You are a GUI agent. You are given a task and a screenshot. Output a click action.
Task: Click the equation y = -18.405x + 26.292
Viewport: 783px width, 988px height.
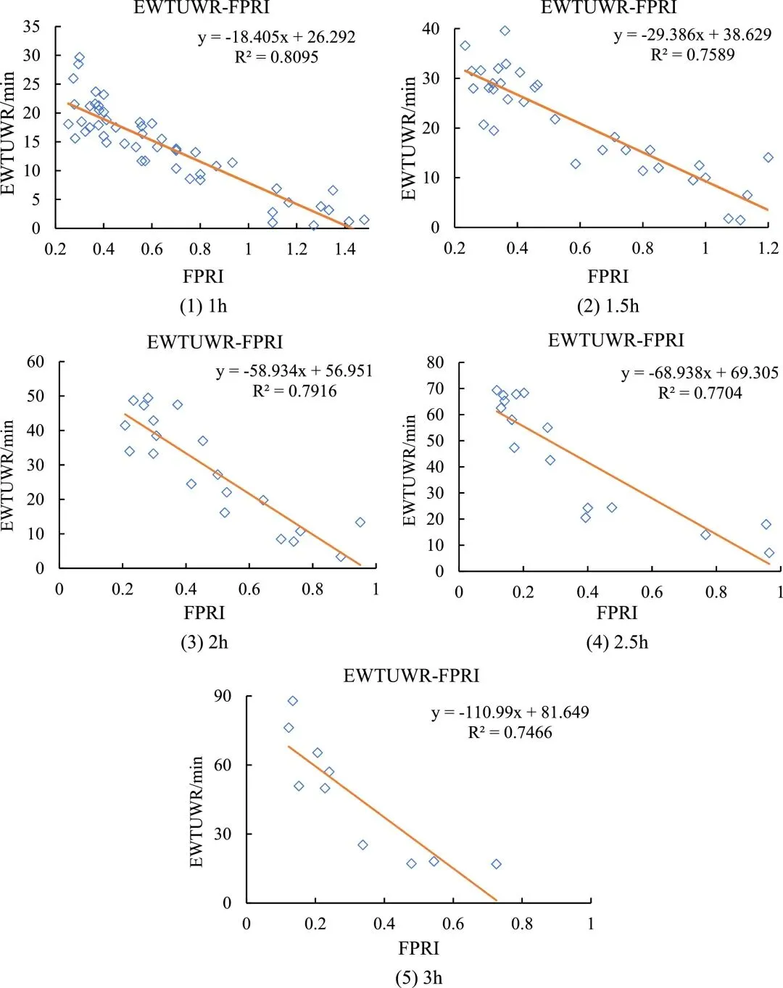coord(276,37)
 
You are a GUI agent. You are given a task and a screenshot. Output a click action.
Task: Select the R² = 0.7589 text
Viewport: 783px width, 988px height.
coord(692,54)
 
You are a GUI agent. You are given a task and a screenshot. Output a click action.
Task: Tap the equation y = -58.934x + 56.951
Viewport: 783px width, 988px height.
coord(294,371)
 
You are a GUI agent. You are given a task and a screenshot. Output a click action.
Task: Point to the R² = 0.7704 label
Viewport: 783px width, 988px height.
coord(700,393)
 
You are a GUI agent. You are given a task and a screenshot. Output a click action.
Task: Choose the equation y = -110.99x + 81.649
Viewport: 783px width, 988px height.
coord(510,713)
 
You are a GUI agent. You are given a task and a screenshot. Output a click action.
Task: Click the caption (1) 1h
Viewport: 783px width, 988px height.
coord(203,306)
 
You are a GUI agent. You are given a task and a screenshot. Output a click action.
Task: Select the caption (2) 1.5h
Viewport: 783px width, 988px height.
coord(608,306)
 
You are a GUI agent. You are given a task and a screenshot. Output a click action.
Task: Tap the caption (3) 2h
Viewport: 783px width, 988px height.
coord(204,642)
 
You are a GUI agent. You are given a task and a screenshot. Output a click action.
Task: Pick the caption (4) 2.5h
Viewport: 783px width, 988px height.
coord(617,642)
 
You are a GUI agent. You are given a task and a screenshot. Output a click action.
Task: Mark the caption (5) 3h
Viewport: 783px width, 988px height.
coord(418,977)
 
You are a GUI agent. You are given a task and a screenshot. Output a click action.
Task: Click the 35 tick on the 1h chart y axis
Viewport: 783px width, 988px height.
coord(32,27)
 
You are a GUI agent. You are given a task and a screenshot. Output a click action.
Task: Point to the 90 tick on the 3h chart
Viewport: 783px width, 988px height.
coord(222,697)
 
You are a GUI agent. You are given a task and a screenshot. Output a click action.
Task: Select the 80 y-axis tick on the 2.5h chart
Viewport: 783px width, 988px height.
coord(434,362)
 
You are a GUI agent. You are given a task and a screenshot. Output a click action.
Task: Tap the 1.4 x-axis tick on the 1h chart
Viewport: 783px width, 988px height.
coord(344,249)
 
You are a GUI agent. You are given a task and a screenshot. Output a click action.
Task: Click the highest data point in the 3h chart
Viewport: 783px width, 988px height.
coord(293,701)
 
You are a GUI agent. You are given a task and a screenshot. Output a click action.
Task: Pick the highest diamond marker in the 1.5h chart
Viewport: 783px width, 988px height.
coord(505,31)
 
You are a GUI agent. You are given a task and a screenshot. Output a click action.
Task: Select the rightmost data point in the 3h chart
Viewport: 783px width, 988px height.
coord(497,864)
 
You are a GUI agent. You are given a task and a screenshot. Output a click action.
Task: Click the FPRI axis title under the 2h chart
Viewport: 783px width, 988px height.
coord(204,613)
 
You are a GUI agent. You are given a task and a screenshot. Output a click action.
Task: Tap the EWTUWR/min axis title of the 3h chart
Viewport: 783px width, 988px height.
coord(196,812)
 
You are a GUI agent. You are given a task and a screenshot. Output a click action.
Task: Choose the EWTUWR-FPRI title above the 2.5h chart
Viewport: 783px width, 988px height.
coord(616,340)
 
